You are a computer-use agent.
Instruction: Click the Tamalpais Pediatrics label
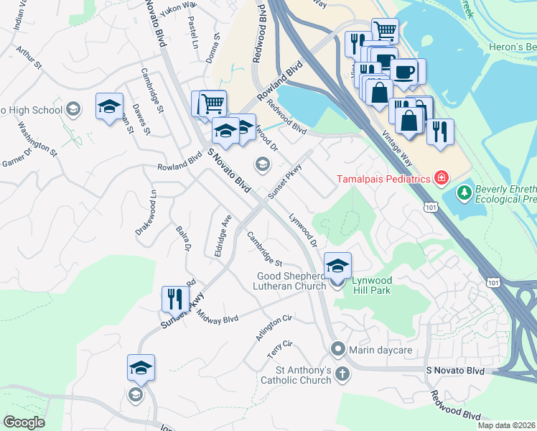pyautogui.click(x=383, y=178)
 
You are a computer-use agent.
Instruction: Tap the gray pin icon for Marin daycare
pyautogui.click(x=339, y=349)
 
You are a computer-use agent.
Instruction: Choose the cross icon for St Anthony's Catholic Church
pyautogui.click(x=342, y=374)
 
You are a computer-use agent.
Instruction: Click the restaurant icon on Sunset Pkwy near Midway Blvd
pyautogui.click(x=175, y=298)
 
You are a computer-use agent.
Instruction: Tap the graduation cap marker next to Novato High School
pyautogui.click(x=108, y=107)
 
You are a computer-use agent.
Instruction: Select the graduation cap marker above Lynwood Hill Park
pyautogui.click(x=337, y=265)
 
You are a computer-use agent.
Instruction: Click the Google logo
pyautogui.click(x=24, y=422)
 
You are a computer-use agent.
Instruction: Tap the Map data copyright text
pyautogui.click(x=506, y=425)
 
